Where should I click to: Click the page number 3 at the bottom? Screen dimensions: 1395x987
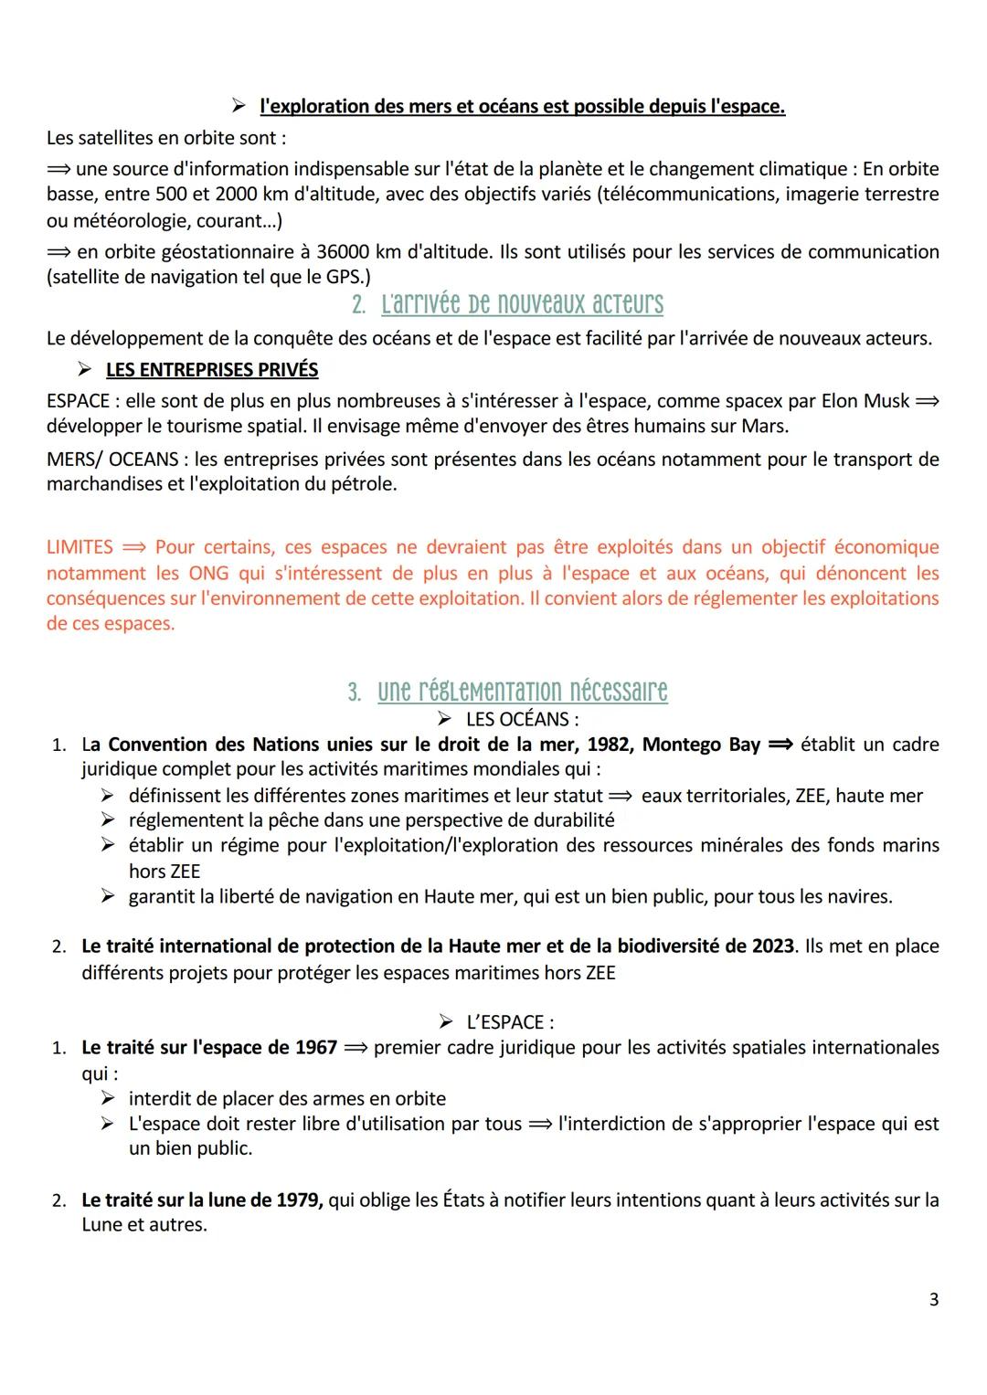[933, 1299]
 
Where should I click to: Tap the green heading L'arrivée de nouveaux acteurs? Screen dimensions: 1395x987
[522, 304]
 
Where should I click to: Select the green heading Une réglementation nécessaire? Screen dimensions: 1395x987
[522, 691]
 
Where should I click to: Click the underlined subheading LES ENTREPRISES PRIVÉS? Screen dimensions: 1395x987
[212, 370]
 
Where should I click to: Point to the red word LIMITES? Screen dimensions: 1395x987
[80, 547]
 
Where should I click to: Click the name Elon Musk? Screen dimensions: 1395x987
[865, 401]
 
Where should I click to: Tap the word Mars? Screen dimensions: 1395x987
[766, 426]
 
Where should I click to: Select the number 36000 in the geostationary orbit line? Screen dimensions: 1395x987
[344, 252]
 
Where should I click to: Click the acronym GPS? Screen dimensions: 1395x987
[344, 277]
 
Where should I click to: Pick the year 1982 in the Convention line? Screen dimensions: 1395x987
[609, 745]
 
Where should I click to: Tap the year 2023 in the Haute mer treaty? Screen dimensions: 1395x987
[772, 946]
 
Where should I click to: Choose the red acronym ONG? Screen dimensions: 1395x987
[209, 573]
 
